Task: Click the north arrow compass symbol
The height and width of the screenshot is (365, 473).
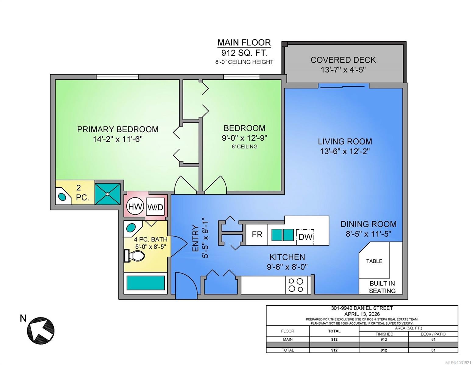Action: [41, 330]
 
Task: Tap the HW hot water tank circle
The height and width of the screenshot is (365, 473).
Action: [135, 207]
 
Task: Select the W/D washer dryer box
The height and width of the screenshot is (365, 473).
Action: [155, 207]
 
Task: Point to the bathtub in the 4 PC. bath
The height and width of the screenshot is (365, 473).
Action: [146, 283]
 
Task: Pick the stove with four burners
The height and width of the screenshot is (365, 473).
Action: [296, 285]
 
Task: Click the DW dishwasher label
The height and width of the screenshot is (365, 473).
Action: [305, 236]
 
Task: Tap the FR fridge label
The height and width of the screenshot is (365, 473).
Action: [257, 235]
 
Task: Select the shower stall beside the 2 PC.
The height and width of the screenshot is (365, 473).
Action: [108, 194]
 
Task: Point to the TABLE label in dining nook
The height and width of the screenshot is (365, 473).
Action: [374, 261]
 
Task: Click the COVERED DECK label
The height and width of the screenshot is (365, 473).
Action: [343, 60]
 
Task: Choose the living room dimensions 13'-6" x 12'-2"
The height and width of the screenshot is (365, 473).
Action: [344, 151]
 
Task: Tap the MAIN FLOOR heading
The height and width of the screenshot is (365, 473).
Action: [244, 43]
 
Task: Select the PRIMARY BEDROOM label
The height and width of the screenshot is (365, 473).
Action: [118, 129]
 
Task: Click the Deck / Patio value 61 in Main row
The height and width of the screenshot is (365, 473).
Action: [433, 339]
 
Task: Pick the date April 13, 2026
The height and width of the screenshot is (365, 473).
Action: [362, 314]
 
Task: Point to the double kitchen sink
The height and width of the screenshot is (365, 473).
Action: [282, 235]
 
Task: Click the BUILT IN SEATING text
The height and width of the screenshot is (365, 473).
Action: [382, 287]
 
